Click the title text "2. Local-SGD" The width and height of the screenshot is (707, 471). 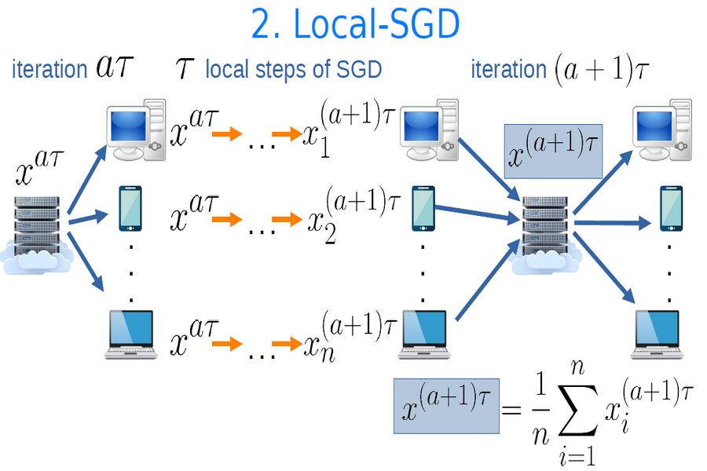tap(355, 25)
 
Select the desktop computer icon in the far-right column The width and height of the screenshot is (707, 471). tap(661, 130)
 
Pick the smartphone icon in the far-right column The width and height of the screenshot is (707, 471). tap(669, 209)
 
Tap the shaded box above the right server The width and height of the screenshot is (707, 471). tap(552, 150)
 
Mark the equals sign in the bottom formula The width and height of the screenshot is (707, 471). tap(511, 410)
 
